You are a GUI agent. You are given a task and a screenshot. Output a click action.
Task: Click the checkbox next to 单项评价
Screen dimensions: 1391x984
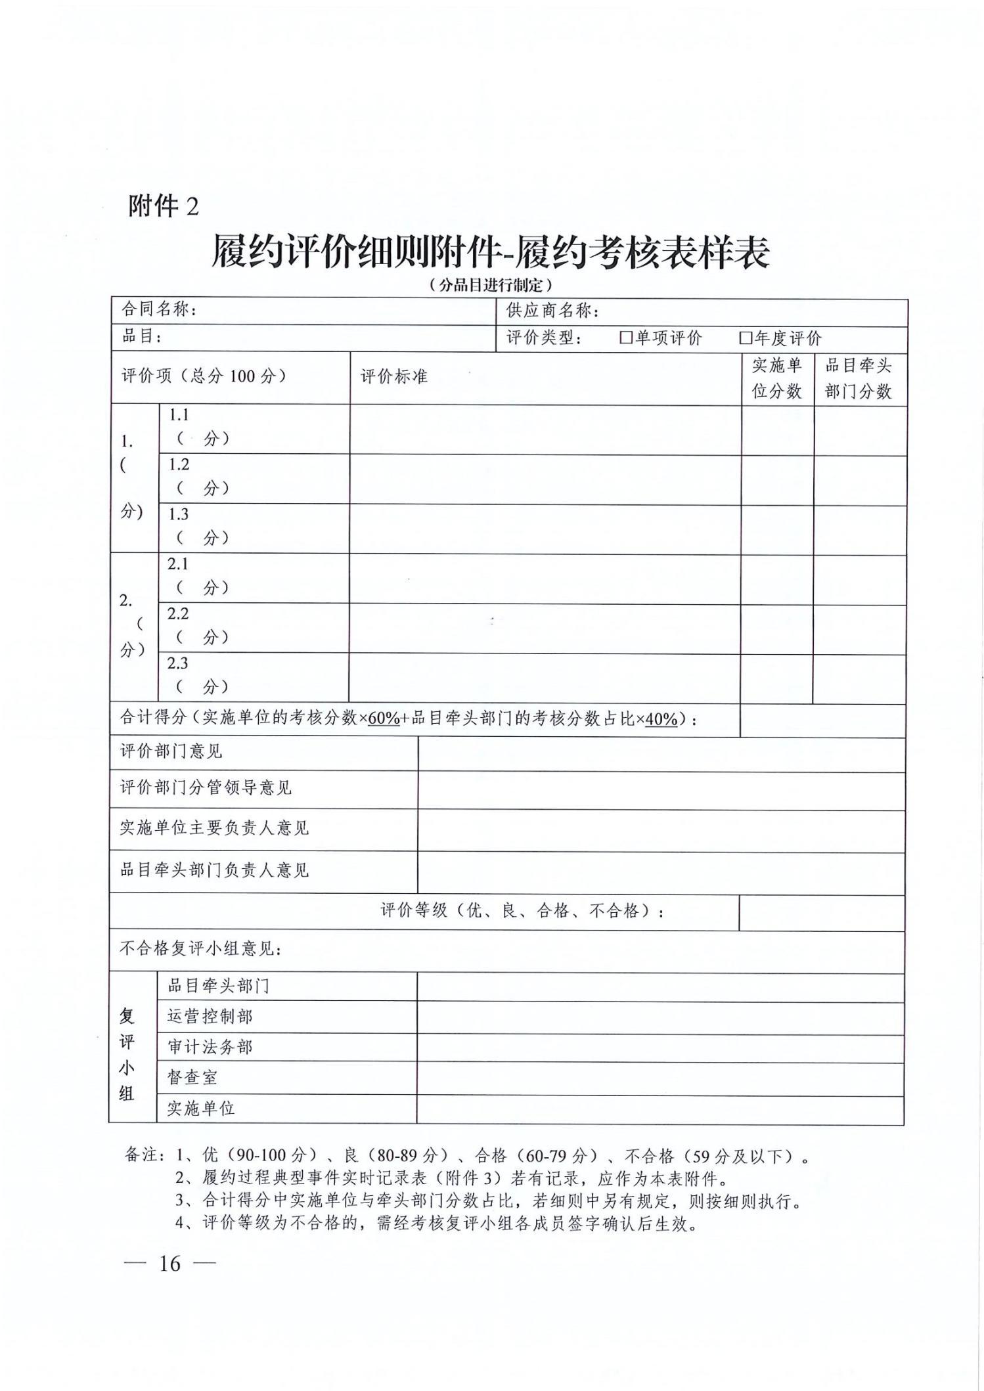(x=625, y=338)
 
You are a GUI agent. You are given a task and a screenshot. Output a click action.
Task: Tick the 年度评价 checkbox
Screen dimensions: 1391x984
(x=745, y=338)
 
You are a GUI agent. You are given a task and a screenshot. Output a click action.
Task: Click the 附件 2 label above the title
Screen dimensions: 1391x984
(x=163, y=206)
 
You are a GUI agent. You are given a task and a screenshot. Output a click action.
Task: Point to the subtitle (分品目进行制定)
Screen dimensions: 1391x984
(x=490, y=285)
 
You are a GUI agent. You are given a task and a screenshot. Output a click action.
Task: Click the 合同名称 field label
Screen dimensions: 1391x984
(x=159, y=309)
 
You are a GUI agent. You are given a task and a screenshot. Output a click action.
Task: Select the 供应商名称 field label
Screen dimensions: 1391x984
(x=552, y=311)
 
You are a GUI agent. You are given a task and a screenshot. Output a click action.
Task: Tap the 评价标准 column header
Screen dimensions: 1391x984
(x=393, y=376)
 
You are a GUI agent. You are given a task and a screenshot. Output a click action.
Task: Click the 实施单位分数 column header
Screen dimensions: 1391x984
(x=777, y=378)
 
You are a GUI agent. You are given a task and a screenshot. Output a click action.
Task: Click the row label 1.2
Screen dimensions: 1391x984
(x=179, y=465)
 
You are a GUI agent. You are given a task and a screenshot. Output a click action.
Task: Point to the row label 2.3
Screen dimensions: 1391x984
(x=177, y=663)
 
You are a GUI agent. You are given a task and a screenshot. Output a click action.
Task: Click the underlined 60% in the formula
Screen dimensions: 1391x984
(x=384, y=718)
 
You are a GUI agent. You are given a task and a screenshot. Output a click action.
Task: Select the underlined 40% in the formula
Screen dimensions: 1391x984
(x=661, y=719)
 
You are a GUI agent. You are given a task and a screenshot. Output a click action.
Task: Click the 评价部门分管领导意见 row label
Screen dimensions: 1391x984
(x=206, y=787)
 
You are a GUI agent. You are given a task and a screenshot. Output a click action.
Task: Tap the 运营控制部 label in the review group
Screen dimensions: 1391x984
(x=210, y=1017)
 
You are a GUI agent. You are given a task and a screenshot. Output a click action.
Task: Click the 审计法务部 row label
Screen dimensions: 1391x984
(x=210, y=1047)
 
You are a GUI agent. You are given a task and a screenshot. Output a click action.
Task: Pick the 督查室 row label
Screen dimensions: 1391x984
(x=192, y=1077)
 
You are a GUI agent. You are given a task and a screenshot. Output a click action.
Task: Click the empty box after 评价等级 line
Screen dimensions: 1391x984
(x=821, y=912)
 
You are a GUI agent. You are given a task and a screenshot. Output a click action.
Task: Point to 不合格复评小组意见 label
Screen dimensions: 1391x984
(x=200, y=949)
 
